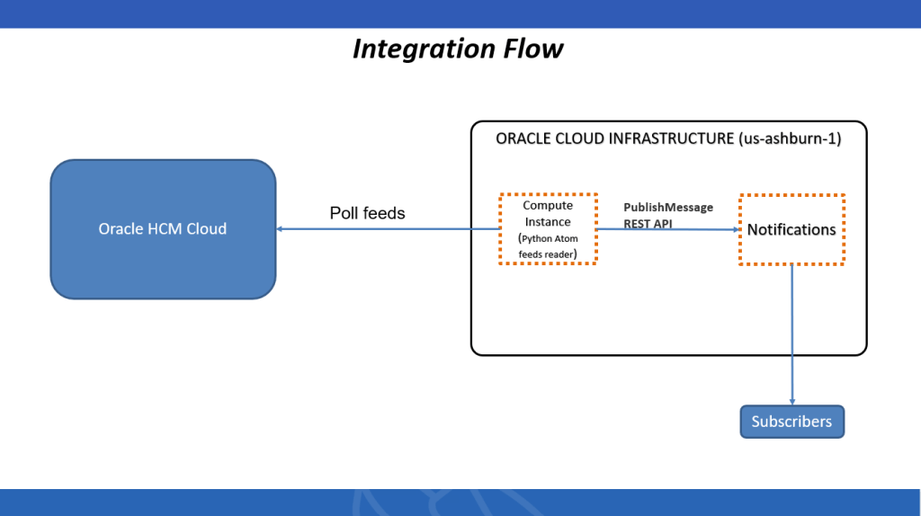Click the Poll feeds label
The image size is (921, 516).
(x=367, y=213)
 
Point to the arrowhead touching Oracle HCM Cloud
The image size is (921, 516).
(x=281, y=229)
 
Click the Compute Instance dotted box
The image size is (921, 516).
(x=548, y=228)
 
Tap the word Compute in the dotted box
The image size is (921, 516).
(x=548, y=206)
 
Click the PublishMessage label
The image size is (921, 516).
(x=668, y=208)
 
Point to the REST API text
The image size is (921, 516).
(x=648, y=224)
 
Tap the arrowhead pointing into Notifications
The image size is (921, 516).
(x=735, y=229)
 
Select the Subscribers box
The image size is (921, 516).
(x=791, y=422)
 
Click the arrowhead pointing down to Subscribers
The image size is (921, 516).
(x=792, y=401)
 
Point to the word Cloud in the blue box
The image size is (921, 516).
(x=206, y=229)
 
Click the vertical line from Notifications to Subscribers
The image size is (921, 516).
(x=792, y=333)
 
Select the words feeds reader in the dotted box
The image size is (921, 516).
(x=547, y=254)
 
